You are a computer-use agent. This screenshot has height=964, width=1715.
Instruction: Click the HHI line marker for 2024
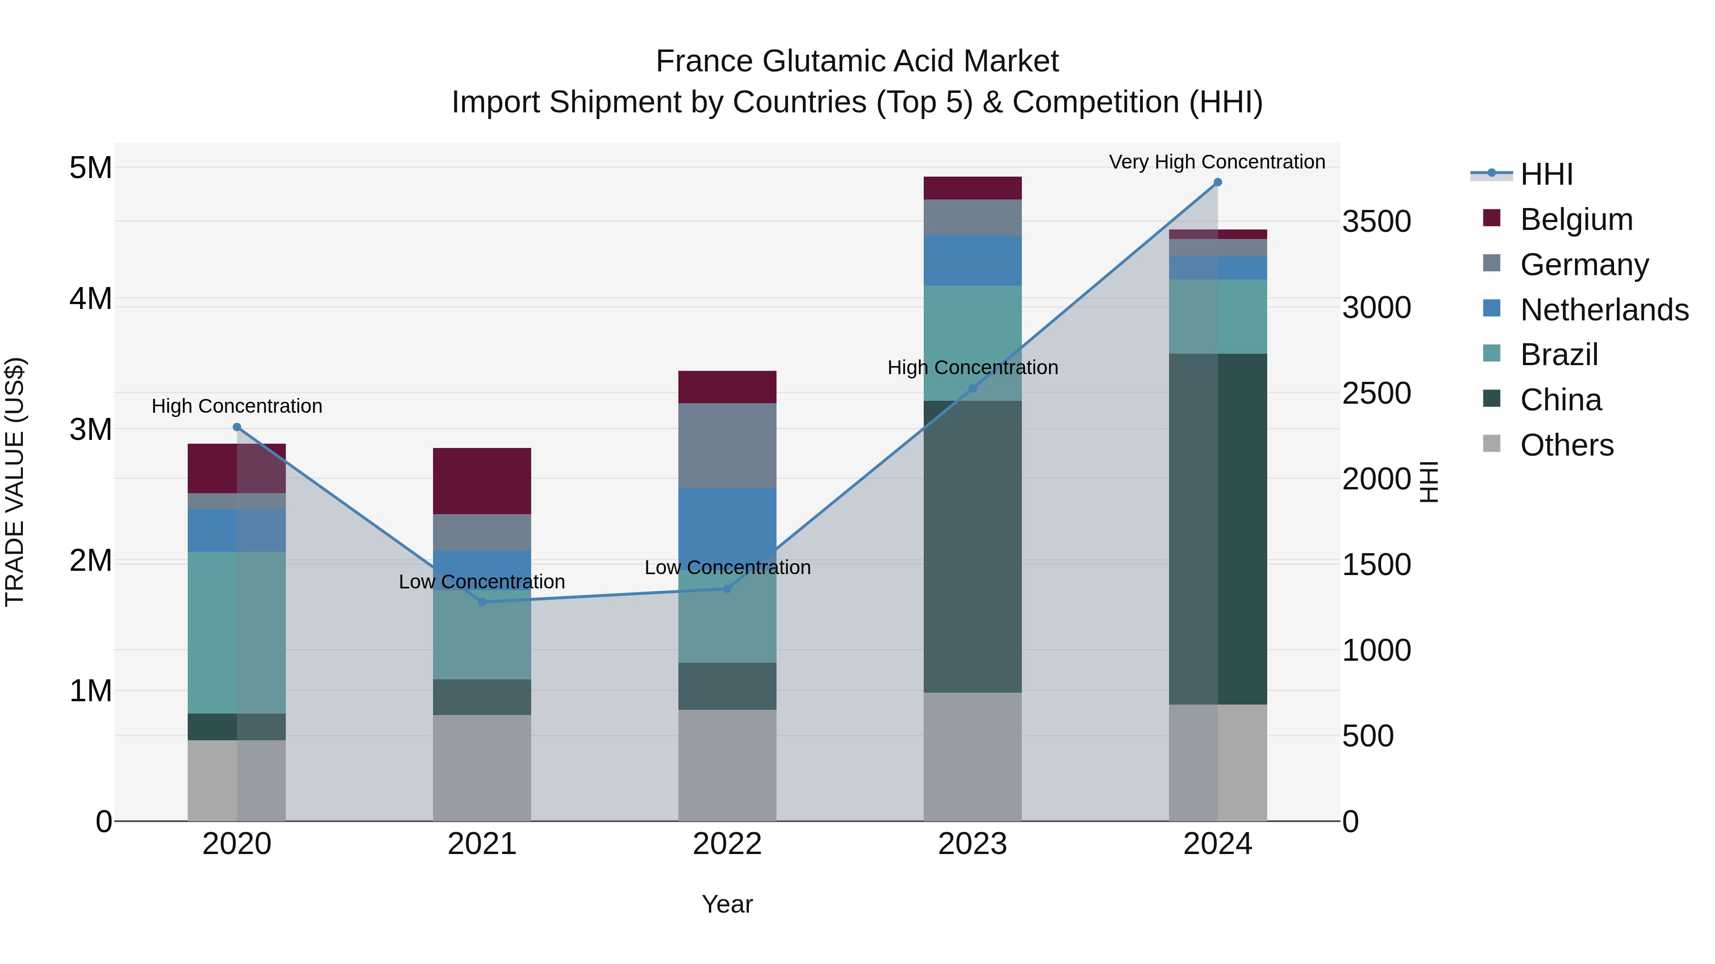(1217, 182)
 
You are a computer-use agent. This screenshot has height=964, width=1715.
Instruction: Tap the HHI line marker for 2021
(482, 602)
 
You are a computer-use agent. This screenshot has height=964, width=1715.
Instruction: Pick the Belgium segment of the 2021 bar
(482, 481)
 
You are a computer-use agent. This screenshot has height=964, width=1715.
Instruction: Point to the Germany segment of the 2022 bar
(727, 445)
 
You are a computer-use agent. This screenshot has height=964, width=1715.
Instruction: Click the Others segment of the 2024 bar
(1217, 763)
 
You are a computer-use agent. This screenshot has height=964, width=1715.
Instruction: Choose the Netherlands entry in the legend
(1604, 310)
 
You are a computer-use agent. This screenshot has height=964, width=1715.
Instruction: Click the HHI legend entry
(1546, 174)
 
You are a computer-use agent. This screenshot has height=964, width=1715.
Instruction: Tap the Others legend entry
(1566, 445)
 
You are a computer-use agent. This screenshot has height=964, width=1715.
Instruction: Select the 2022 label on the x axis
(727, 844)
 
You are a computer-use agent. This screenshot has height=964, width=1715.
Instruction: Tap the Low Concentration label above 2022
(727, 567)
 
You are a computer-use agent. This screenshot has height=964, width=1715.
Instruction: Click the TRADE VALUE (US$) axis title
(15, 482)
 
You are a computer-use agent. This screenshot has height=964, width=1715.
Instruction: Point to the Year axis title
(727, 904)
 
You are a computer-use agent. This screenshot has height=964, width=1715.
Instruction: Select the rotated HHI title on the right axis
(1429, 482)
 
